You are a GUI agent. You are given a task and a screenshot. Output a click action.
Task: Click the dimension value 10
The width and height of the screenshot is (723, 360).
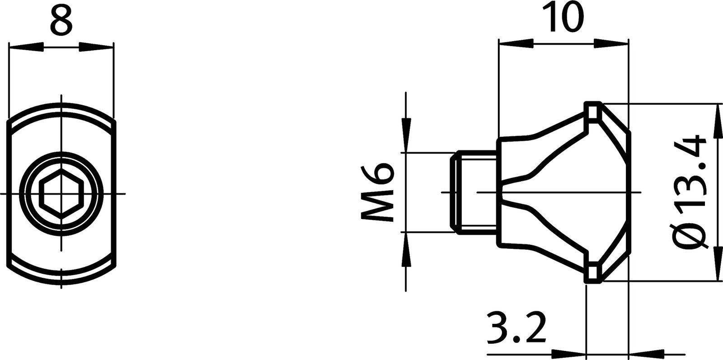point(563,17)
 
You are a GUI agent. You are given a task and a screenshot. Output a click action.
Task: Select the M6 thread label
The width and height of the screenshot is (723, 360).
point(378,192)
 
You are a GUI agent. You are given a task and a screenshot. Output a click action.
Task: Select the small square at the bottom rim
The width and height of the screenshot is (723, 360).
point(593,273)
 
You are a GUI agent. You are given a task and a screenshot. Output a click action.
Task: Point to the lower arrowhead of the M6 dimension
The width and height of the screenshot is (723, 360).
point(406,251)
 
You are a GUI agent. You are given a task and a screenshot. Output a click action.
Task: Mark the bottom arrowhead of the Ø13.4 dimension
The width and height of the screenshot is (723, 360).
point(716,264)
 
